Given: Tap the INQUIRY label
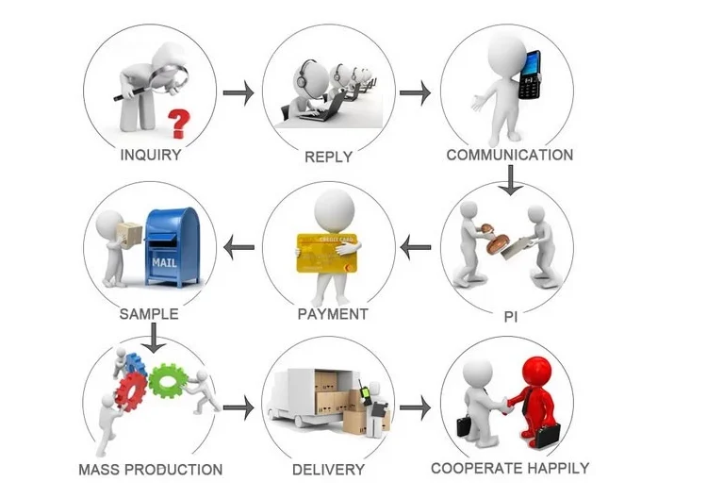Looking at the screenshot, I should (x=151, y=156).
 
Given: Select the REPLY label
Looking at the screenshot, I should (x=328, y=157).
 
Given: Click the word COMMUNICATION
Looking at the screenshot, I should (x=509, y=155).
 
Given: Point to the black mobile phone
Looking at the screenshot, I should (x=530, y=75).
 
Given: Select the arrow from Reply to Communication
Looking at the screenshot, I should (x=415, y=93).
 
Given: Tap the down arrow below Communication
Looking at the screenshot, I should (x=510, y=180).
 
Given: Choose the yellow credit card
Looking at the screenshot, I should (x=327, y=252).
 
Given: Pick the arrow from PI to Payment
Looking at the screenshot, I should (x=415, y=248).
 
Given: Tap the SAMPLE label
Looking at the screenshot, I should (x=149, y=313).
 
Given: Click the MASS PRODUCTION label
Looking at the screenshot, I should (x=151, y=469).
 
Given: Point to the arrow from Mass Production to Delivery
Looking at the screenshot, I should (x=239, y=408).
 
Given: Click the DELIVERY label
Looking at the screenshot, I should (x=328, y=469).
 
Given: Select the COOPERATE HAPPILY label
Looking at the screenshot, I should (x=510, y=468).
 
